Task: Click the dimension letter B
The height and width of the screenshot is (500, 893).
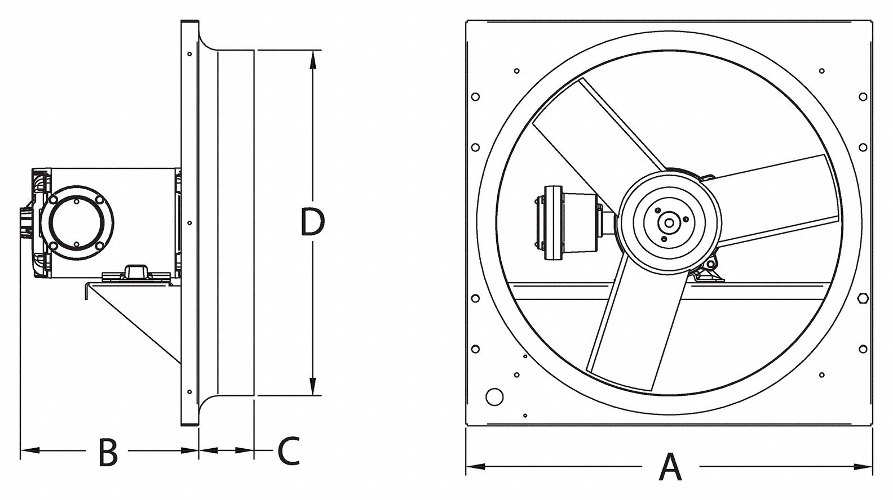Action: point(108,452)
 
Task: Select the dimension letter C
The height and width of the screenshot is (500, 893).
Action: point(289,451)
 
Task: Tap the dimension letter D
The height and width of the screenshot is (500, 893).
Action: point(312,222)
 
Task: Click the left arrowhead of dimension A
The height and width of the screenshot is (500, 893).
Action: point(476,466)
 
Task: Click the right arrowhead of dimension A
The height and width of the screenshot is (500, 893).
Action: point(863,466)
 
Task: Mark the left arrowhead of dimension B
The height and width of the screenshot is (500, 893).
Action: point(30,450)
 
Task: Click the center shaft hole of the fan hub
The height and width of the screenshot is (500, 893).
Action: point(669,223)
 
